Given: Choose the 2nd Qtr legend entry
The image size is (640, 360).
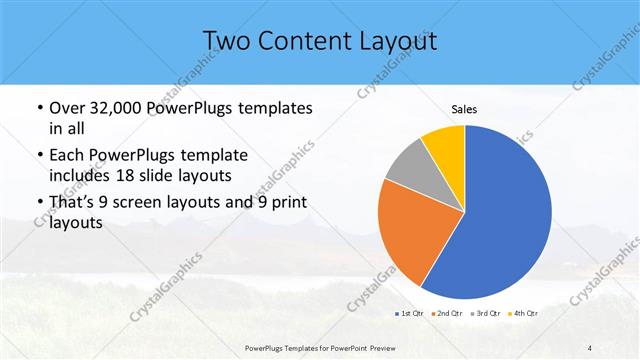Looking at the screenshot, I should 446,314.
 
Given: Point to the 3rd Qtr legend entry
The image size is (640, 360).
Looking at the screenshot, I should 485,314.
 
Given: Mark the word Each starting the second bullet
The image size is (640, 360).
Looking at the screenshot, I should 65,155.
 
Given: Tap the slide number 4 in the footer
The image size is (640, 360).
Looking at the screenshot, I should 590,347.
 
